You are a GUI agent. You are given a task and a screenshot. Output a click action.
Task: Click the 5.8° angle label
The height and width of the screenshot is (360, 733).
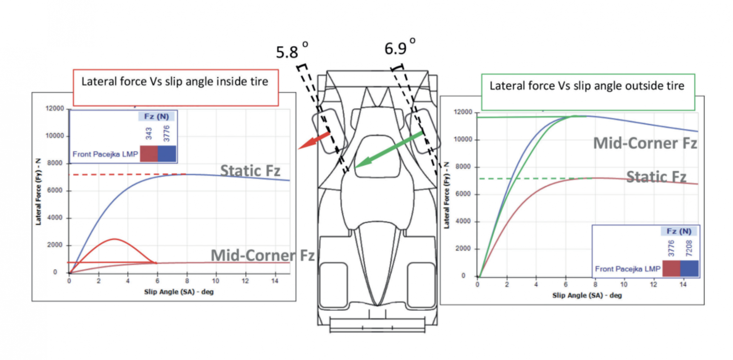[292, 51]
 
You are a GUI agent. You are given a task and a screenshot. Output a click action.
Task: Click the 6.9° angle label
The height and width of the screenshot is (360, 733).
[400, 47]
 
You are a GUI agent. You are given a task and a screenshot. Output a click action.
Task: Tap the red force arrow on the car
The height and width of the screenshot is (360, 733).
[314, 140]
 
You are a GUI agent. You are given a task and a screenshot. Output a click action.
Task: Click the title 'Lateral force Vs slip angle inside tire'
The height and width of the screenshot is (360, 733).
[175, 81]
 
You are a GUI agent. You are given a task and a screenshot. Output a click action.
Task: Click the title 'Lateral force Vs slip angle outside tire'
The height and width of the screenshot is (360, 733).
[587, 86]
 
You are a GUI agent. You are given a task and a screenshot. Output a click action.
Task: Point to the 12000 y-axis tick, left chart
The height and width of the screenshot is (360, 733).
[55, 108]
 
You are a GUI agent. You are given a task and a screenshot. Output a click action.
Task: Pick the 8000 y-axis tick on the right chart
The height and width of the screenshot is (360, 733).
[463, 166]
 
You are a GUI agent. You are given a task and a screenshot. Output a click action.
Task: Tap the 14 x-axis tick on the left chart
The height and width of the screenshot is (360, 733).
[274, 281]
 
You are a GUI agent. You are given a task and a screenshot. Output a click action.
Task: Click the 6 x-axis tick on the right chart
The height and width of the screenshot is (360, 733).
[566, 284]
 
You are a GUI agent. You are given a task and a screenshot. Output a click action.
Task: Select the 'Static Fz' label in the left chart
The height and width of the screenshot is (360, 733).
[250, 171]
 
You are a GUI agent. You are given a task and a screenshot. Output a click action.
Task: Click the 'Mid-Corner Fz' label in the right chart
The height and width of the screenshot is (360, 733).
[645, 143]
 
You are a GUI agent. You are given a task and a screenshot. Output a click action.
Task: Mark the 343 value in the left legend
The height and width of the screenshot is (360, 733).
[149, 134]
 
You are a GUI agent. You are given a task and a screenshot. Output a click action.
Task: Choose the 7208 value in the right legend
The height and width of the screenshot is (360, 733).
[689, 248]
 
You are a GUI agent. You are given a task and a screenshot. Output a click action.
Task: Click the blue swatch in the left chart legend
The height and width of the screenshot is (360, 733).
[167, 154]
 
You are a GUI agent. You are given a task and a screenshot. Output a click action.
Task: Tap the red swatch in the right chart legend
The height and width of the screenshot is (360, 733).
[671, 268]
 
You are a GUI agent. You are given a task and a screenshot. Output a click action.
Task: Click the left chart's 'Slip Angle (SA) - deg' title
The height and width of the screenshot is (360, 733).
[179, 292]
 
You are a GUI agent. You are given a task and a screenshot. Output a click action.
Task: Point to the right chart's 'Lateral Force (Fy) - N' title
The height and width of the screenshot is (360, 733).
[446, 195]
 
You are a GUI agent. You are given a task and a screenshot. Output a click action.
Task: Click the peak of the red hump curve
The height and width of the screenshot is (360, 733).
[115, 239]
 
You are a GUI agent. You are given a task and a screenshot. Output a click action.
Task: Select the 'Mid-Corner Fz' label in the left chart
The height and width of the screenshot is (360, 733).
[263, 255]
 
